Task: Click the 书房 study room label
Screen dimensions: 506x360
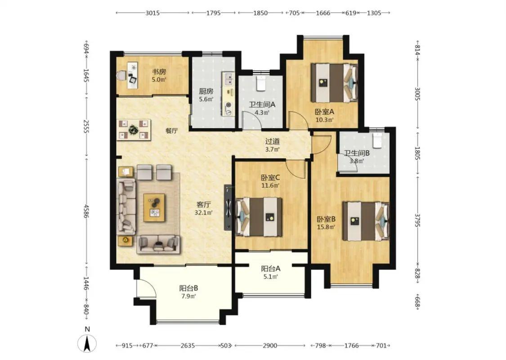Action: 159,72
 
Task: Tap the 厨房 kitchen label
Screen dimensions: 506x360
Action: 206,91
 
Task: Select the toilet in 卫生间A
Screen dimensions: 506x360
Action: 260,83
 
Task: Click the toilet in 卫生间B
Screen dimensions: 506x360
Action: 377,140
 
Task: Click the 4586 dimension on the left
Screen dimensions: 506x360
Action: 86,211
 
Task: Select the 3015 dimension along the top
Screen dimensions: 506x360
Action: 152,13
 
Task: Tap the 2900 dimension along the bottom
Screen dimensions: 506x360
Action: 269,346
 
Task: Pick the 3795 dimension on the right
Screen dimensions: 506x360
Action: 417,220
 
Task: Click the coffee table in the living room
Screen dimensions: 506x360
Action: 154,207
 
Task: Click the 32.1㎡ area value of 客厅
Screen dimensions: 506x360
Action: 203,212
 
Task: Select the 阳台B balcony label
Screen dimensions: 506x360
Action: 188,288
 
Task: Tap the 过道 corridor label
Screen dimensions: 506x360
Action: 273,141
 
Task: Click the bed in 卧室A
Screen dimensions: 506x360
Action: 334,83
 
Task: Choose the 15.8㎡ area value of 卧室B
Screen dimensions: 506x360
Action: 326,227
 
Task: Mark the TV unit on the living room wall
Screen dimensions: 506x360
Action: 228,207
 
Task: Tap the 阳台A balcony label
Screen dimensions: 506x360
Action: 270,268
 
